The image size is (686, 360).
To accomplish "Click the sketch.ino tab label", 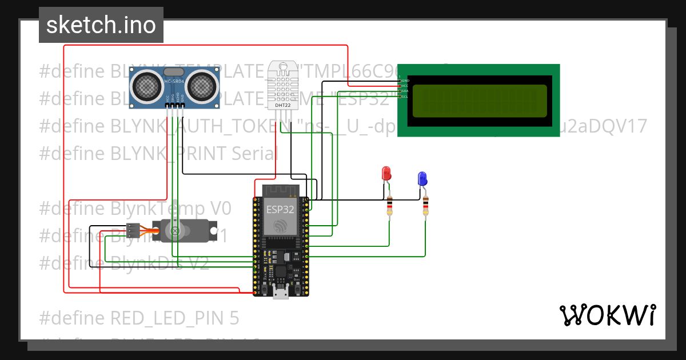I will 101,25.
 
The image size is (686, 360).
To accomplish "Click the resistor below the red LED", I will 390,206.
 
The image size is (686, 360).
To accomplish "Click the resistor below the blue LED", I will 425,206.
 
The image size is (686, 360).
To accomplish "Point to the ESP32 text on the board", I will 280,209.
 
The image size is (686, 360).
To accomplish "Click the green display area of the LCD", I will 479,101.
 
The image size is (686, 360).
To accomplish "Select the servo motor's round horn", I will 176,231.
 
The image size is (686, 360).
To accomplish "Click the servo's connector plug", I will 133,231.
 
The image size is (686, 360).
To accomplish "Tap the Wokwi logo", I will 607,315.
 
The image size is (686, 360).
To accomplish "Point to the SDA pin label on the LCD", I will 405,91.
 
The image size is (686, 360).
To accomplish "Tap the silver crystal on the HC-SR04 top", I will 174,72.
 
